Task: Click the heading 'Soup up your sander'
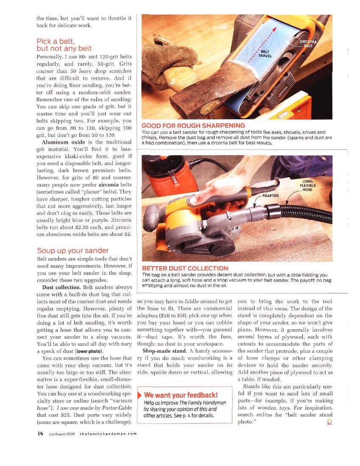[x=73, y=251]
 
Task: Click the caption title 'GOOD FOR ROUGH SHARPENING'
[x=193, y=126]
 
